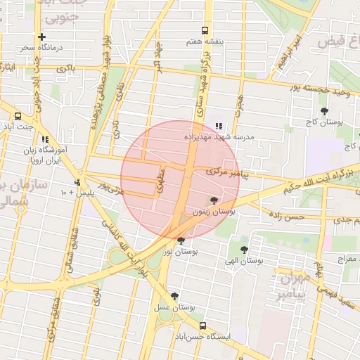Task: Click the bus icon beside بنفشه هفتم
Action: click(205, 30)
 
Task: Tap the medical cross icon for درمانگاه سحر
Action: click(42, 37)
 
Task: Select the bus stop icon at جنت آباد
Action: click(18, 117)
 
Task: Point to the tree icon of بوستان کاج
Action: click(324, 111)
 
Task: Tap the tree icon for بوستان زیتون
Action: click(214, 200)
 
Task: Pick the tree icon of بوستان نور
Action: click(181, 240)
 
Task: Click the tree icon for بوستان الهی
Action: click(244, 250)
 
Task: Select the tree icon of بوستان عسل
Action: click(174, 297)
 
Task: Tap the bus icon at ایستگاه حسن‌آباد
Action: click(203, 326)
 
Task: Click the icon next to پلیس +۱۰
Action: click(77, 183)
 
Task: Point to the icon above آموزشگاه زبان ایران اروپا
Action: click(46, 140)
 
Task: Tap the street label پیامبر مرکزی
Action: click(228, 171)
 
